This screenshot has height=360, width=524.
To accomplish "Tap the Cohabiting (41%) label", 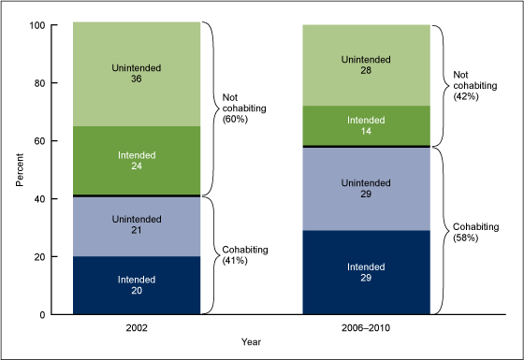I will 244,255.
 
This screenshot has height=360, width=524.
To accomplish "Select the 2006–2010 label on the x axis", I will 366,328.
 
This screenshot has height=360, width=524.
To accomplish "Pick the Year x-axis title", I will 253,342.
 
